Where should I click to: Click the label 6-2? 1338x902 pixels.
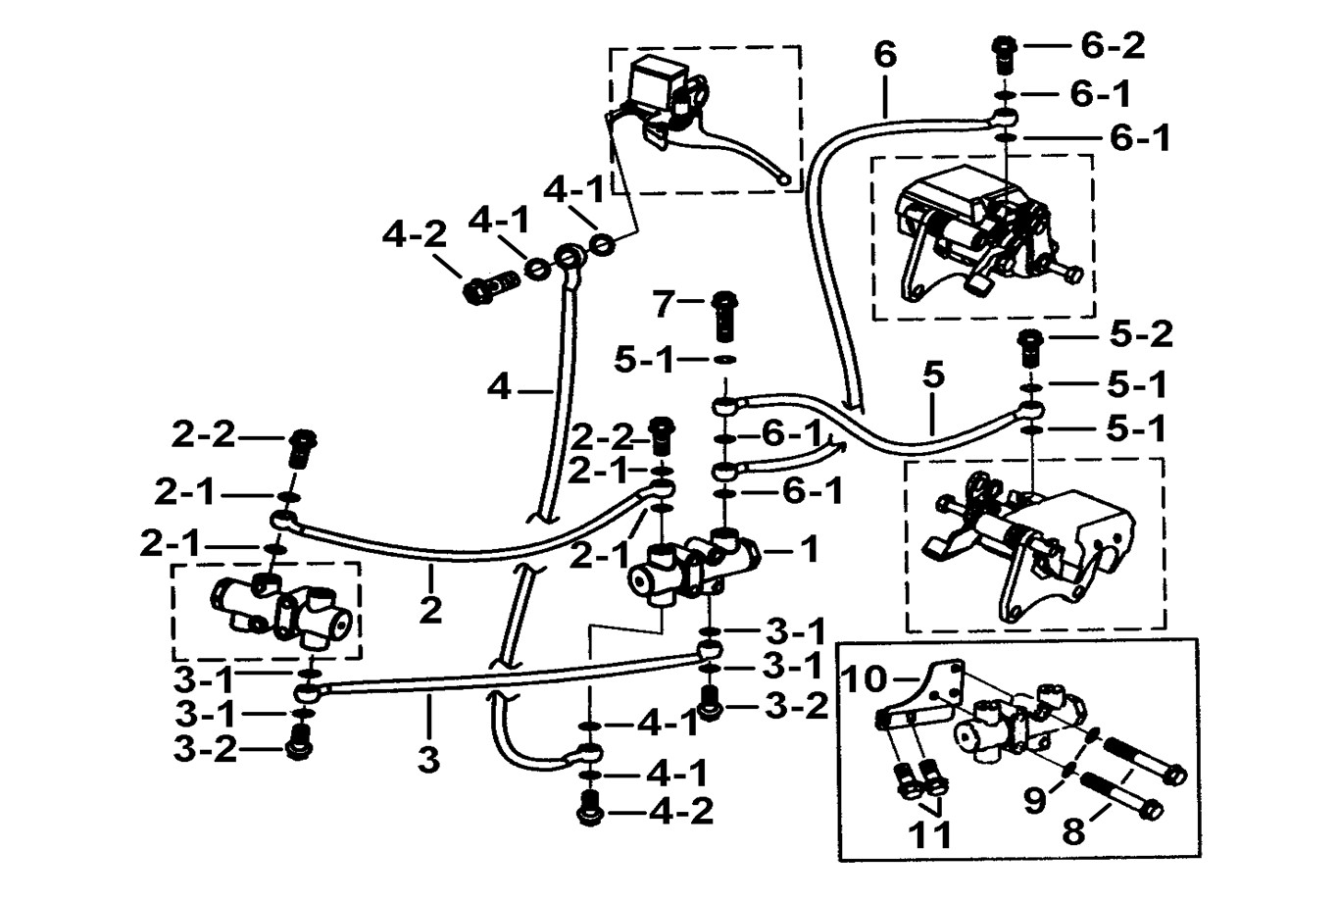(x=1114, y=45)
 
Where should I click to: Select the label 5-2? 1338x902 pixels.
(x=1141, y=335)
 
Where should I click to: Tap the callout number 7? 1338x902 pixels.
(x=665, y=304)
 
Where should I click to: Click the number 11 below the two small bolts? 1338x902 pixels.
(x=928, y=836)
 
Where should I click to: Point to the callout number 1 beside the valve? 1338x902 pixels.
(x=809, y=550)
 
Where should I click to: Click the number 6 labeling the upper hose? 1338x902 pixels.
(x=885, y=55)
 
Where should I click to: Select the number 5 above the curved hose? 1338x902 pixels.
(x=933, y=375)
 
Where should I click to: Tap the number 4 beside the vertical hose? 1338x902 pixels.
(x=499, y=389)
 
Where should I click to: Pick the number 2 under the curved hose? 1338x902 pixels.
(x=430, y=609)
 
